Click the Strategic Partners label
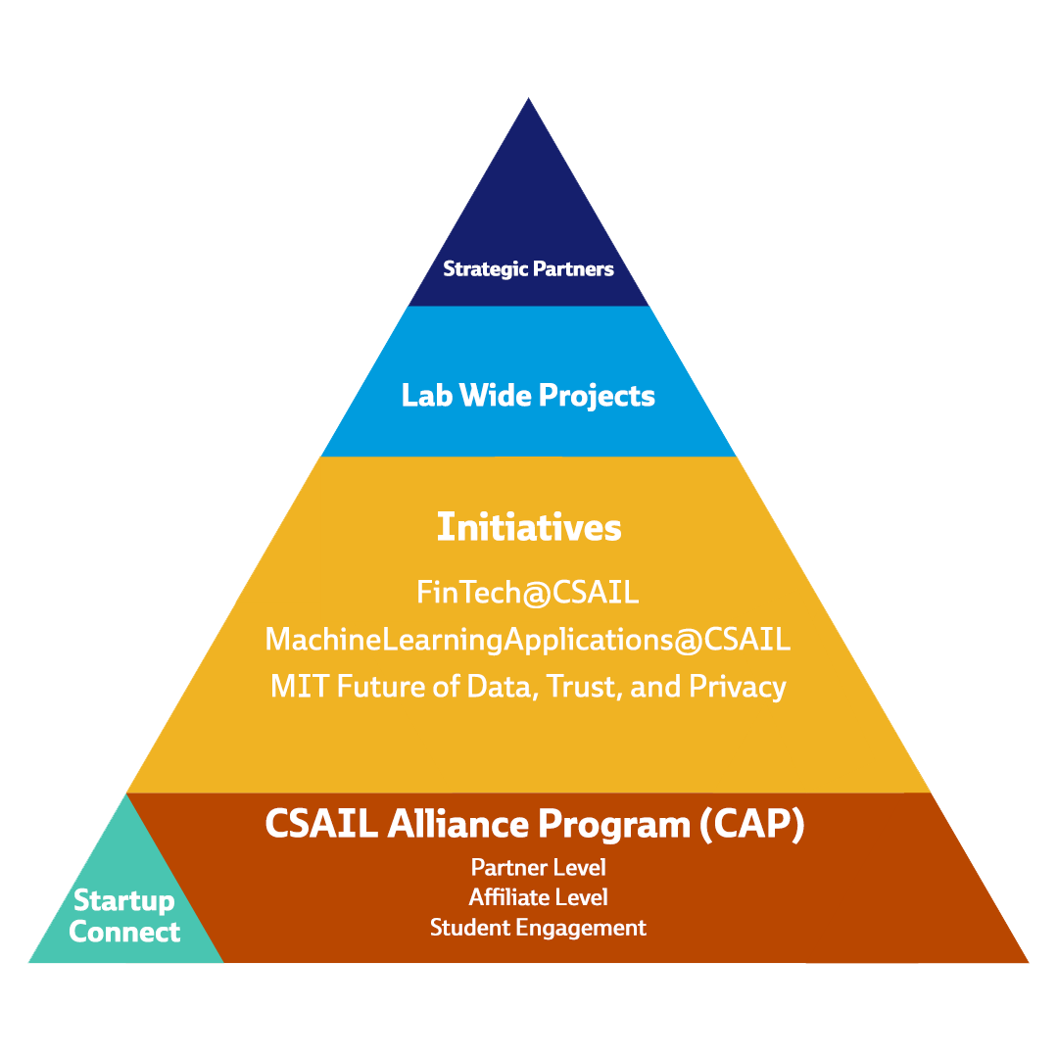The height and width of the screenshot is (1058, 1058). [528, 268]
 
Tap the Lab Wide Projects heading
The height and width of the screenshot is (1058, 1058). [528, 396]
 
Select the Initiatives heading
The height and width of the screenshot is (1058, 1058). [528, 527]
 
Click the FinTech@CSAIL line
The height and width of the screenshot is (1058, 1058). [528, 592]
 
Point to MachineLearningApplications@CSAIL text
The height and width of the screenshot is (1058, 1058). [528, 639]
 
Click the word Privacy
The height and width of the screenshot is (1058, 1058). [738, 686]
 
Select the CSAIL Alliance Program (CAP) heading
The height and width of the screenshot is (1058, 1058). [535, 824]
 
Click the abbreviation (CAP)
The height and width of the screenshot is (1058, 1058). [752, 824]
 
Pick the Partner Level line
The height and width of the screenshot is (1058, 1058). [538, 867]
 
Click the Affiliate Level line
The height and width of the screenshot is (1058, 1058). [538, 896]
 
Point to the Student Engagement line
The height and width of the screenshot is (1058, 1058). [538, 927]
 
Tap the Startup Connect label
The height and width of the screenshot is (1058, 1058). [124, 916]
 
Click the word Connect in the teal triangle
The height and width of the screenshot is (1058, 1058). [124, 932]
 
